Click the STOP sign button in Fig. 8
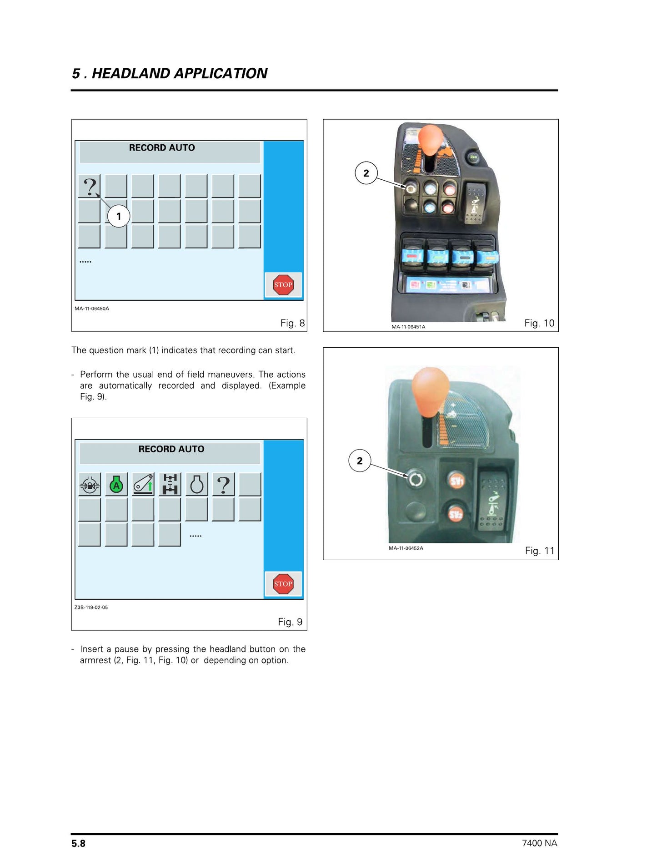pos(283,285)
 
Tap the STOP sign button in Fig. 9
pos(283,584)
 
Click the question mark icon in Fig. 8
pos(90,186)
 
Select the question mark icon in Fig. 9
pos(223,485)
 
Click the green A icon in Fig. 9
pos(116,485)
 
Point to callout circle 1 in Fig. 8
pos(119,216)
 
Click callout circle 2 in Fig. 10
pos(366,173)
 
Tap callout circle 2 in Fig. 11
pos(360,461)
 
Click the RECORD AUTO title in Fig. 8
pos(162,148)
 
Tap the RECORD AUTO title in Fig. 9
pos(171,449)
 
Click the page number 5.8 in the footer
pos(78,843)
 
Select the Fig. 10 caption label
pos(539,323)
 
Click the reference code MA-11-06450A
pos(92,309)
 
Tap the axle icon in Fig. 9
pos(170,484)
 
